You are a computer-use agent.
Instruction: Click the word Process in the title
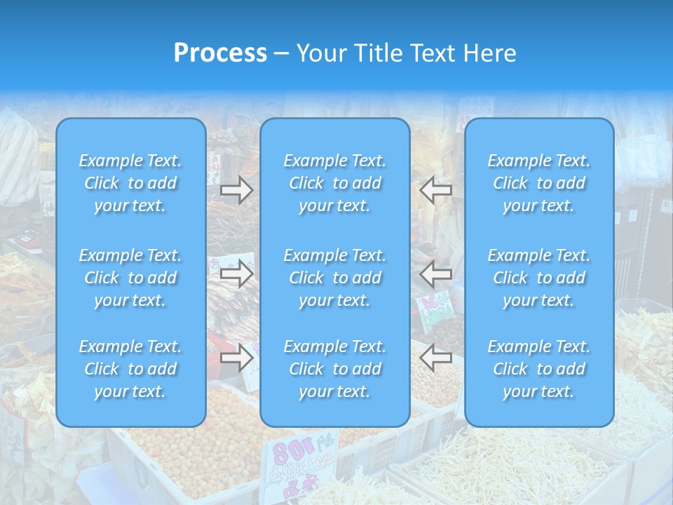[x=220, y=53]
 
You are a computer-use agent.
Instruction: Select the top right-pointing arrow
[x=237, y=190]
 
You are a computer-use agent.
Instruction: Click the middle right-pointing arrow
[x=237, y=274]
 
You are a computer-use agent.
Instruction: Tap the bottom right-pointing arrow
[x=237, y=358]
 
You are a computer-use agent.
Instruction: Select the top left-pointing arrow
[x=436, y=190]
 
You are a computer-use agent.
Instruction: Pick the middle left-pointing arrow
[x=436, y=274]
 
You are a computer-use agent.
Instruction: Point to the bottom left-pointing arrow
[x=436, y=358]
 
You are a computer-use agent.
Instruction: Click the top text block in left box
[x=130, y=183]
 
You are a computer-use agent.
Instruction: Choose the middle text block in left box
[x=130, y=278]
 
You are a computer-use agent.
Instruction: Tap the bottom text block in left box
[x=130, y=369]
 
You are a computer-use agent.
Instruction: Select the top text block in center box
[x=335, y=183]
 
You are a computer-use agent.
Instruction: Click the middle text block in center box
[x=335, y=278]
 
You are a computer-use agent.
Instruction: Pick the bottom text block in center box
[x=335, y=369]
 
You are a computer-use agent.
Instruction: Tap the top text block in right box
[x=539, y=183]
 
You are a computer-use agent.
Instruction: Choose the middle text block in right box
[x=539, y=278]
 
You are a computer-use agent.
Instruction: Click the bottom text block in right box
[x=539, y=369]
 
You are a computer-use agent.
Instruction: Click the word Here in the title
[x=489, y=53]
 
